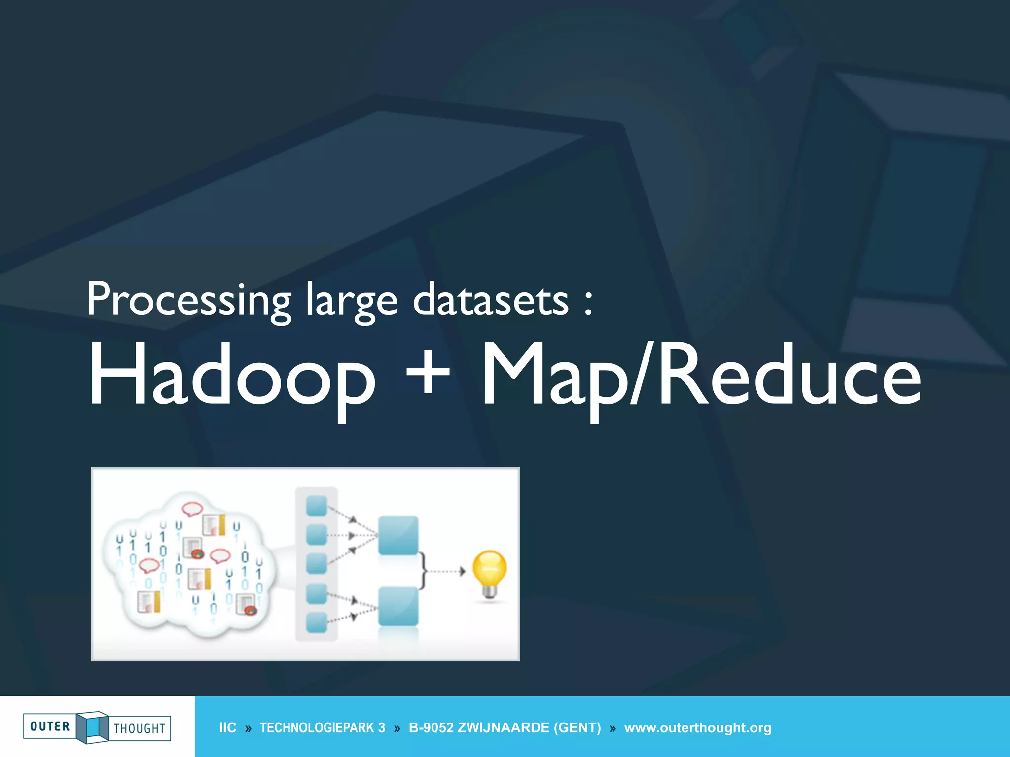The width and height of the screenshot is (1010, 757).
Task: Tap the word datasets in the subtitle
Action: (x=491, y=300)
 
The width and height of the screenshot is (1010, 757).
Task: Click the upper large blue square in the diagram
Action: (x=398, y=535)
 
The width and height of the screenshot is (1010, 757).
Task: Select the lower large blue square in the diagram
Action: (x=398, y=607)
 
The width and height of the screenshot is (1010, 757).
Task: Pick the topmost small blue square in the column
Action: (x=317, y=506)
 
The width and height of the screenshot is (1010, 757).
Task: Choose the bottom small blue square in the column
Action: (x=317, y=622)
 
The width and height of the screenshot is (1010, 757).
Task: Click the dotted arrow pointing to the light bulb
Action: (x=445, y=572)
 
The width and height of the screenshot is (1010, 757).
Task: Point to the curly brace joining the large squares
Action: (x=423, y=571)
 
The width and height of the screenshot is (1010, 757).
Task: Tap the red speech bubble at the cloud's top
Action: (x=192, y=508)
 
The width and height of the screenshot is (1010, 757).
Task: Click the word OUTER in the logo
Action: (x=50, y=726)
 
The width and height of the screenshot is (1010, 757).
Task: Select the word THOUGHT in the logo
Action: (x=140, y=728)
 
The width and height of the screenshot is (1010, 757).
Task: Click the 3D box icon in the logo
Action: (x=92, y=727)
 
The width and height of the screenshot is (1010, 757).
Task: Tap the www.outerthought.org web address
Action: (x=697, y=728)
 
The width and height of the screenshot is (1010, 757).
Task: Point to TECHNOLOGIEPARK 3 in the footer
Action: (x=323, y=728)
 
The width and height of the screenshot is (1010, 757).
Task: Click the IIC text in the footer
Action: (x=227, y=728)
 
